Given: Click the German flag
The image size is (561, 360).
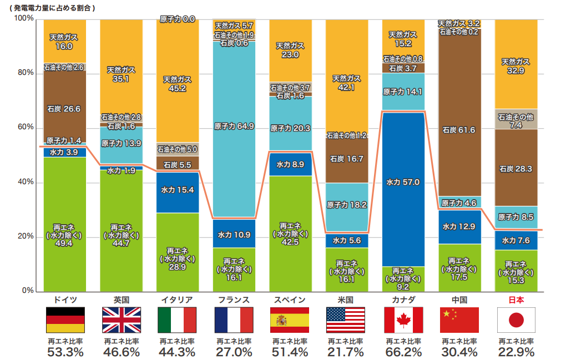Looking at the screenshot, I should point(64,320).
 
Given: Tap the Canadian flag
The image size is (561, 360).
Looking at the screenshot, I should point(403,320).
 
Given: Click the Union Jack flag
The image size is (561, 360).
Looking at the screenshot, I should point(121,320).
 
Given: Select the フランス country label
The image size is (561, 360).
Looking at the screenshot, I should point(234,300).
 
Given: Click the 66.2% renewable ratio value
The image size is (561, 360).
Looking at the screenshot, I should point(403,352).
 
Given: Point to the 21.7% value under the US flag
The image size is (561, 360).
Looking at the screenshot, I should point(347,352).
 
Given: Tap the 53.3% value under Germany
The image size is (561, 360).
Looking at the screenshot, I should point(64,352).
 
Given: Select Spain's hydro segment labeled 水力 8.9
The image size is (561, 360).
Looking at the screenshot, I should point(290,164).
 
